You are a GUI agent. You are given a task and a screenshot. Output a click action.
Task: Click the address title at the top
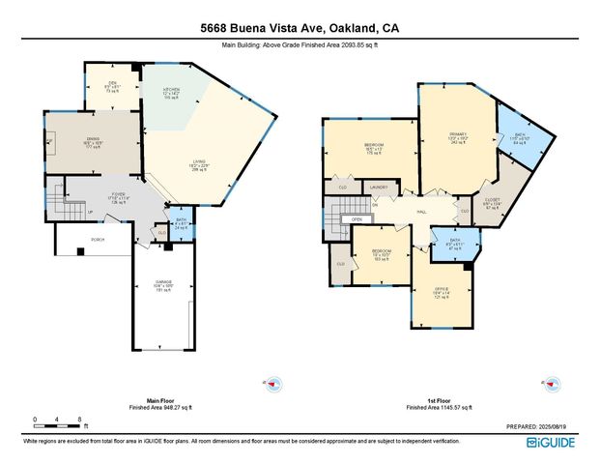tap(300, 29)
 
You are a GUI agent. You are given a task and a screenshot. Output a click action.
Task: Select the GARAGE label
tap(162, 282)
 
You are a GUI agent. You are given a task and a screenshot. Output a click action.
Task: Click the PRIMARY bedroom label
tap(457, 134)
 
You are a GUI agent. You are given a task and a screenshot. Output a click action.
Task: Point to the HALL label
tap(422, 211)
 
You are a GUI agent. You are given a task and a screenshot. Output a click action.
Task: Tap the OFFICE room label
tap(442, 289)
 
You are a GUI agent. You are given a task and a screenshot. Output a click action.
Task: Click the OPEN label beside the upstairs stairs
tap(357, 219)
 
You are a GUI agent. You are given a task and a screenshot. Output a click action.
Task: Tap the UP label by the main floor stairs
tap(91, 213)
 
